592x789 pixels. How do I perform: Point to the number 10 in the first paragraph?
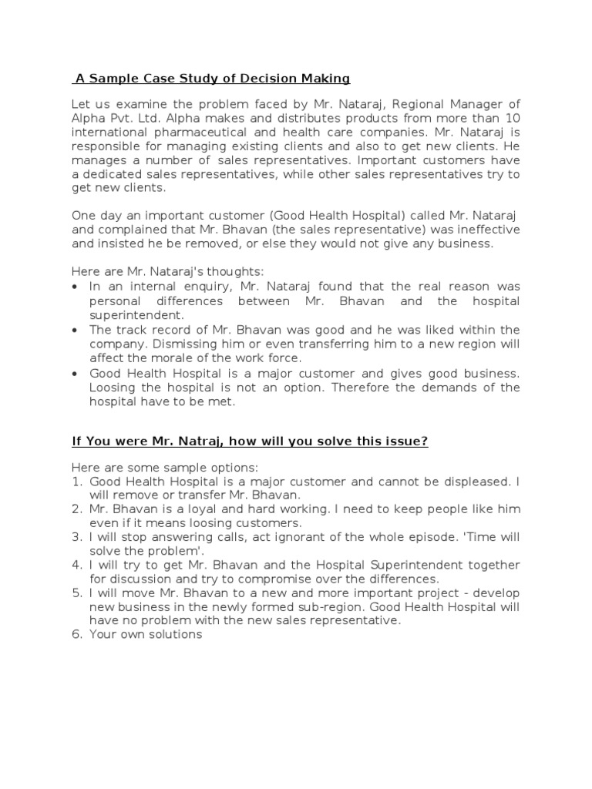(511, 118)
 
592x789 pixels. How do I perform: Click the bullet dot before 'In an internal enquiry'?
(74, 286)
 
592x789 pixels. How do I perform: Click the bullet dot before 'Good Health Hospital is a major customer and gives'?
(74, 373)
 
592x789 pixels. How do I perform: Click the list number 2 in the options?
(76, 509)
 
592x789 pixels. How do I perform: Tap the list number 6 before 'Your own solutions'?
(76, 634)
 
